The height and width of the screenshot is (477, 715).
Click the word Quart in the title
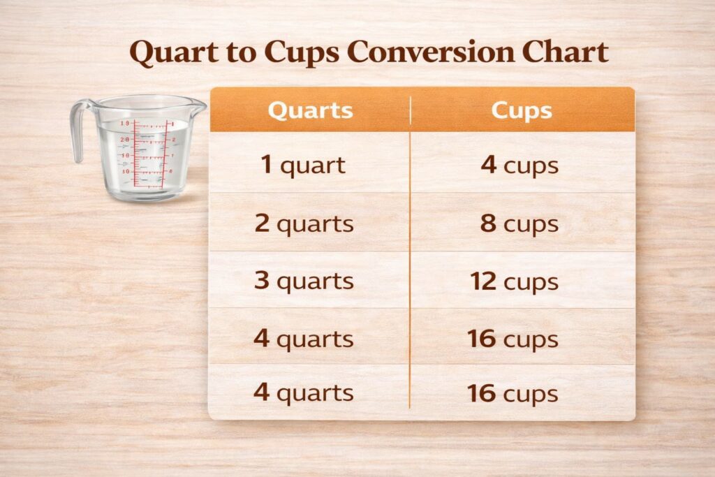click(172, 54)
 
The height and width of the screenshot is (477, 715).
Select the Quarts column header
click(310, 110)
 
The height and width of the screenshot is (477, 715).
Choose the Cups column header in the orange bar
click(522, 110)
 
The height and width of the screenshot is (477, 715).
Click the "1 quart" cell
click(303, 166)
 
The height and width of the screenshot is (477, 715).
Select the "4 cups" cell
click(519, 166)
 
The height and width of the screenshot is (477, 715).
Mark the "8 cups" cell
click(519, 223)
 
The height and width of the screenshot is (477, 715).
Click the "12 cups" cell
click(514, 281)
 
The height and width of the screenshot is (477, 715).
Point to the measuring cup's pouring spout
click(198, 106)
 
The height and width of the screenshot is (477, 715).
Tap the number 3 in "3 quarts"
click(262, 281)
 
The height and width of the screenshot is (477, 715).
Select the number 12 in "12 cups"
click(483, 281)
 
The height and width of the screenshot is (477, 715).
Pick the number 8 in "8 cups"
click(489, 223)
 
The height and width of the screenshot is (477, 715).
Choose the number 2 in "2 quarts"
click(262, 223)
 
